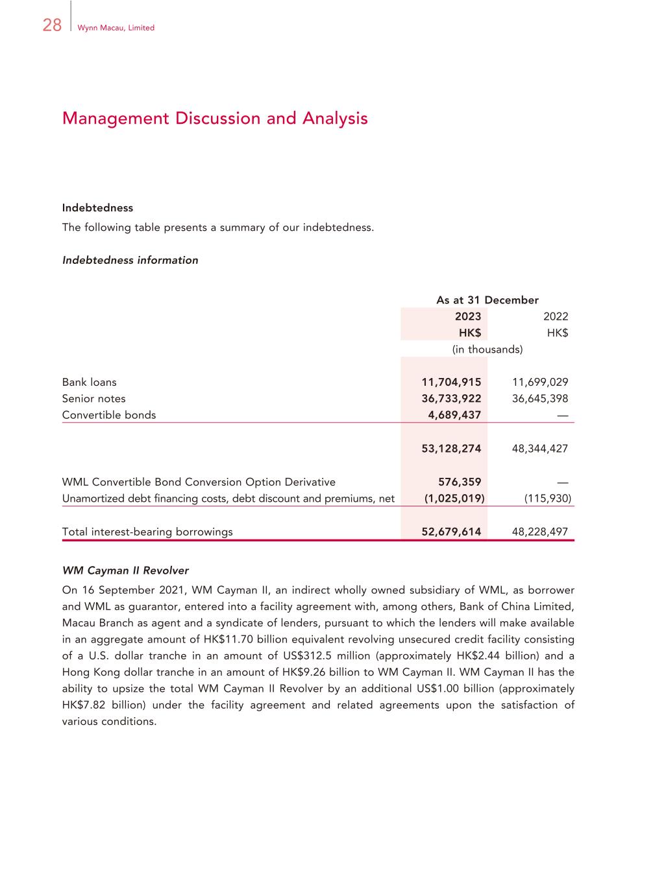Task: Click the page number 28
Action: pos(52,25)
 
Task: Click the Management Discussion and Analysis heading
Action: pos(215,119)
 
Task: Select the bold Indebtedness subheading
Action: pos(97,208)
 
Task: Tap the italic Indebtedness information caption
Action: pos(130,261)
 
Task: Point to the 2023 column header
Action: pos(467,316)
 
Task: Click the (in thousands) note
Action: pos(487,349)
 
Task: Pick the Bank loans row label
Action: pos(90,383)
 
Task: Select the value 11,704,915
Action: pos(451,383)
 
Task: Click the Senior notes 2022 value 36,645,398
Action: pos(539,399)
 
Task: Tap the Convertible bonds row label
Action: pos(109,416)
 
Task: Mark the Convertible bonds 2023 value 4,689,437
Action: pos(454,416)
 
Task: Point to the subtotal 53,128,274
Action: pos(451,449)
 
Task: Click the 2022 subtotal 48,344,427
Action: pos(539,449)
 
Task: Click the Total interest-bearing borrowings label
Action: pos(147,532)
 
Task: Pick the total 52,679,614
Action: pos(451,532)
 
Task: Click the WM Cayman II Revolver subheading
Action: pos(125,571)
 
